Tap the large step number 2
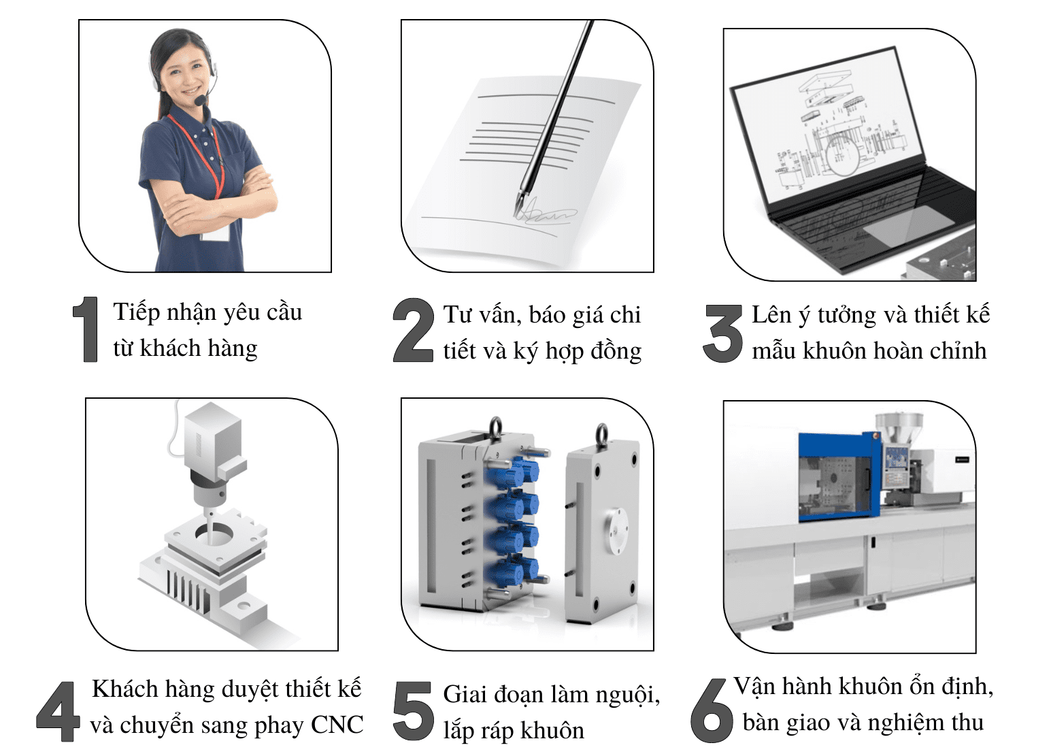click(x=414, y=330)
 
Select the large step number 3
click(x=723, y=333)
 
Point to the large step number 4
click(x=58, y=711)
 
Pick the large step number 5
click(x=413, y=711)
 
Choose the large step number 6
click(x=712, y=710)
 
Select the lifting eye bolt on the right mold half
click(x=601, y=433)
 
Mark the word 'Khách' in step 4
click(x=119, y=689)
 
